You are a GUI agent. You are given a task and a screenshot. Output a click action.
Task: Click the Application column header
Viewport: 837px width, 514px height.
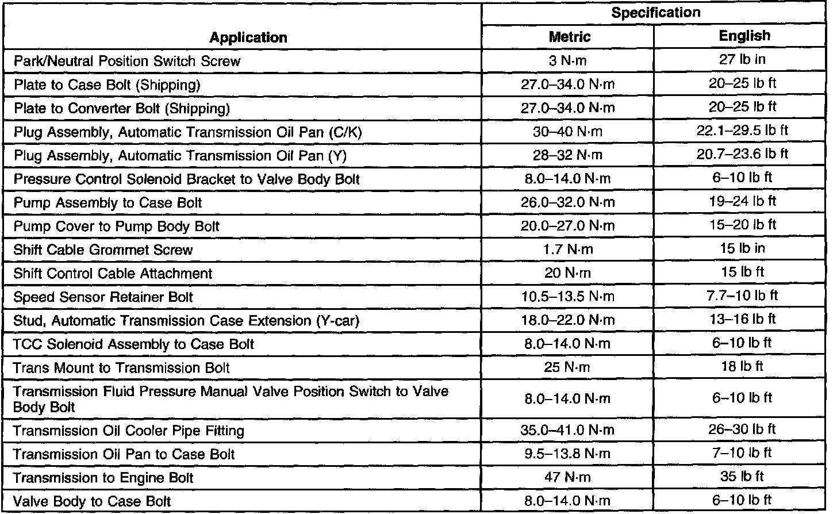coord(248,38)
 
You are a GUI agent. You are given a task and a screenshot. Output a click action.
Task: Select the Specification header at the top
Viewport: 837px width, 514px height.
coord(655,13)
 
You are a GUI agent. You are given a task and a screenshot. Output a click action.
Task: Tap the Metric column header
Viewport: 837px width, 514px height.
coord(569,37)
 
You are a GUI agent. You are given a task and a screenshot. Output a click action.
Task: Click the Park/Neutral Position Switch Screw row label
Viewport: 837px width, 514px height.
coord(127,61)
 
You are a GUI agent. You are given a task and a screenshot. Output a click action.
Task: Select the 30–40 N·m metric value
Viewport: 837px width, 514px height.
coord(567,132)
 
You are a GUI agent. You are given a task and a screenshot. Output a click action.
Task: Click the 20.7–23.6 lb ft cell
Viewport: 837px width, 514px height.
coord(742,154)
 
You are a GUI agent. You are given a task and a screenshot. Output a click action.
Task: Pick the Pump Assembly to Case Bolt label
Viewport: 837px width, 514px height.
coord(108,203)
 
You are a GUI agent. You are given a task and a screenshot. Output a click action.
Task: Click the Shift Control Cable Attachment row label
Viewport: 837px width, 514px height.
coord(113,274)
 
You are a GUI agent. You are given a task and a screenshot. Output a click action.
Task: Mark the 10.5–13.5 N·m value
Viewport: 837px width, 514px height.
coord(567,297)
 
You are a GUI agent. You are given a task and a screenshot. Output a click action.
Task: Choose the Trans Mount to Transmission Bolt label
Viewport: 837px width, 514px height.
coord(121,368)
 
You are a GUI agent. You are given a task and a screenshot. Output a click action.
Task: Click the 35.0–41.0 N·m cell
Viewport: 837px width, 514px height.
coord(567,430)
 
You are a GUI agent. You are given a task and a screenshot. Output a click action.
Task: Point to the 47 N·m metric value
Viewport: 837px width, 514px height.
coord(567,477)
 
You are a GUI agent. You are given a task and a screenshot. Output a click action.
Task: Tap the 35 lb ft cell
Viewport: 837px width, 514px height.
coord(743,476)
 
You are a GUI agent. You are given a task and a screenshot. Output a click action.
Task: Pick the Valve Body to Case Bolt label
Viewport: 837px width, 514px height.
coord(92,501)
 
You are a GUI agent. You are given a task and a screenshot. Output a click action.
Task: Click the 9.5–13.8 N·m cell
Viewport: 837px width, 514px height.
coord(567,454)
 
